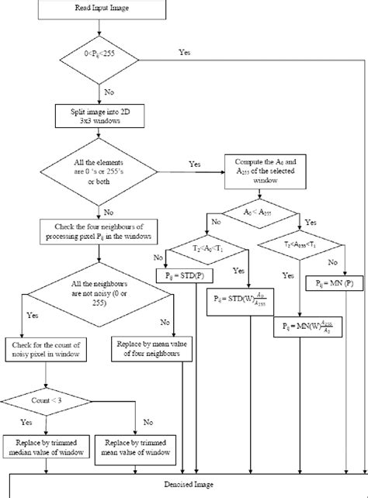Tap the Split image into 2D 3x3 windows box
point(98,116)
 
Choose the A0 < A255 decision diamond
point(257,211)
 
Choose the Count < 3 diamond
point(49,401)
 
